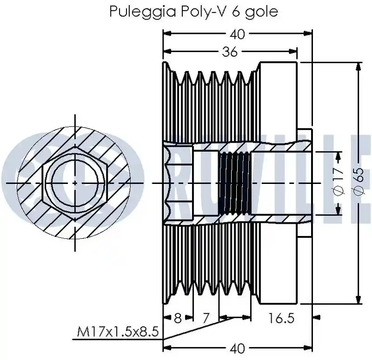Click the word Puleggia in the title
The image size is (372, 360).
142,11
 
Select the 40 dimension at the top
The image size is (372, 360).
237,34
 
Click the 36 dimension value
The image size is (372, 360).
230,52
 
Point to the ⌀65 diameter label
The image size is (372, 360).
359,181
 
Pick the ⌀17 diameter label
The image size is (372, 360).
339,181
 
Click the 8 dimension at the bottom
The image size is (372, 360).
178,318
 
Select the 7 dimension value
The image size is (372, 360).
206,318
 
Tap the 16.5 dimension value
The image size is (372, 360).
281,318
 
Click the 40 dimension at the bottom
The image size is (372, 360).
237,348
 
